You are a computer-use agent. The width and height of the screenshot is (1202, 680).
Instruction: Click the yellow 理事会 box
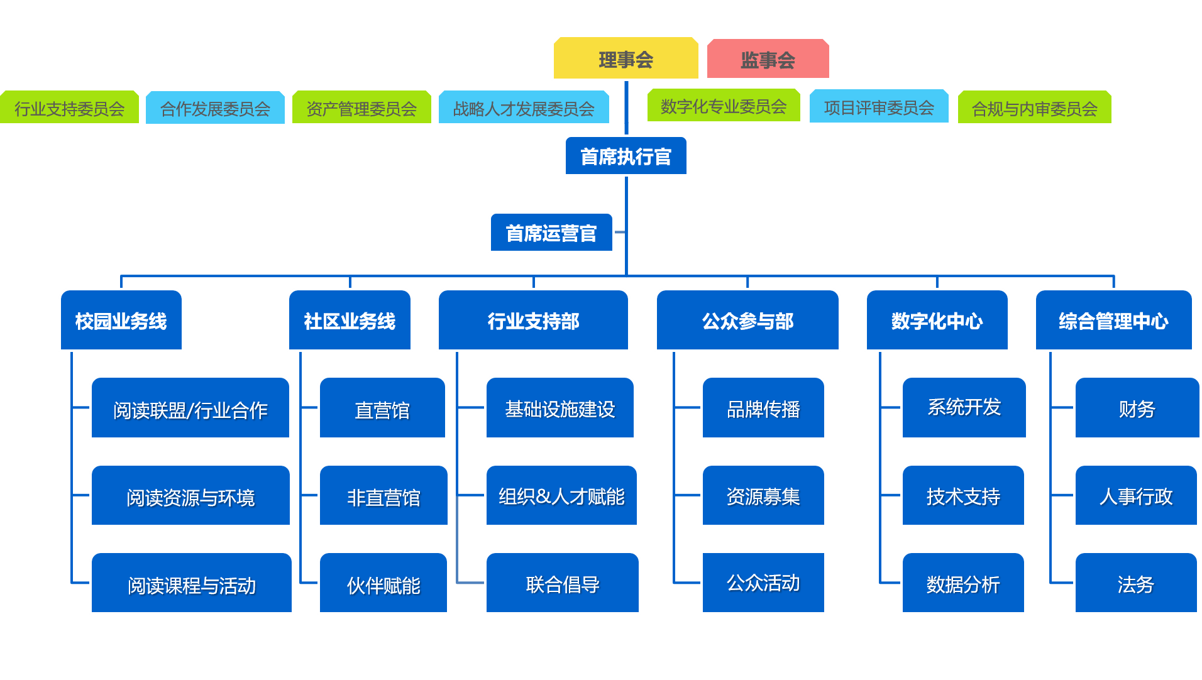pyautogui.click(x=626, y=58)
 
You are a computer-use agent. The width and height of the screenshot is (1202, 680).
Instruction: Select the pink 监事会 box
pyautogui.click(x=768, y=59)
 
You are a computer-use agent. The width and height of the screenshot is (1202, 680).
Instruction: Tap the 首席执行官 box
pyautogui.click(x=626, y=156)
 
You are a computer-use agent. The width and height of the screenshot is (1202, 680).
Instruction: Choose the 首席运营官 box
pyautogui.click(x=551, y=233)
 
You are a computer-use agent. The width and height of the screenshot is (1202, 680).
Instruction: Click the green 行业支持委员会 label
pyautogui.click(x=69, y=108)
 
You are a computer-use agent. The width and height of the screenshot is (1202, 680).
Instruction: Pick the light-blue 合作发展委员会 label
pyautogui.click(x=215, y=108)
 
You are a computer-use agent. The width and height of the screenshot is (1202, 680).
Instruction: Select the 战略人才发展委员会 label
pyautogui.click(x=524, y=108)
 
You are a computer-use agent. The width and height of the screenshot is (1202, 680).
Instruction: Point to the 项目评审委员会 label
pyautogui.click(x=878, y=107)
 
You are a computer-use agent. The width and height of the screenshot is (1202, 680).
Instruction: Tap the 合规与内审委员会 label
pyautogui.click(x=1034, y=108)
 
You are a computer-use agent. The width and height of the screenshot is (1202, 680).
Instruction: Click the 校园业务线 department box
pyautogui.click(x=121, y=321)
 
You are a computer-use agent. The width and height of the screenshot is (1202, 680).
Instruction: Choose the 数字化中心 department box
pyautogui.click(x=937, y=321)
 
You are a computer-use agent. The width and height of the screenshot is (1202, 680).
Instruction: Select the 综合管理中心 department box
pyautogui.click(x=1113, y=321)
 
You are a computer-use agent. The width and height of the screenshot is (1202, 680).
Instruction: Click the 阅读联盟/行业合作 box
pyautogui.click(x=190, y=409)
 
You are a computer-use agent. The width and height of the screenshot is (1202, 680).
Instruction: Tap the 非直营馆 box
pyautogui.click(x=383, y=496)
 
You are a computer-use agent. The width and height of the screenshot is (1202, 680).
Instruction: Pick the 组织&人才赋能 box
pyautogui.click(x=561, y=496)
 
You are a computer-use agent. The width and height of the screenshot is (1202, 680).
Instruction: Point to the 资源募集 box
pyautogui.click(x=763, y=496)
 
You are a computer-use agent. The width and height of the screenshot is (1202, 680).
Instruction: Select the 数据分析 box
pyautogui.click(x=962, y=583)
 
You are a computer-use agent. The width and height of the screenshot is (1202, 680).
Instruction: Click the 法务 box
pyautogui.click(x=1135, y=583)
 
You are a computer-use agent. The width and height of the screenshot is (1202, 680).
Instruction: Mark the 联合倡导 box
pyautogui.click(x=562, y=583)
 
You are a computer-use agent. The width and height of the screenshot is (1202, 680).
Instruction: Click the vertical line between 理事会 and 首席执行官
pyautogui.click(x=626, y=107)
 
